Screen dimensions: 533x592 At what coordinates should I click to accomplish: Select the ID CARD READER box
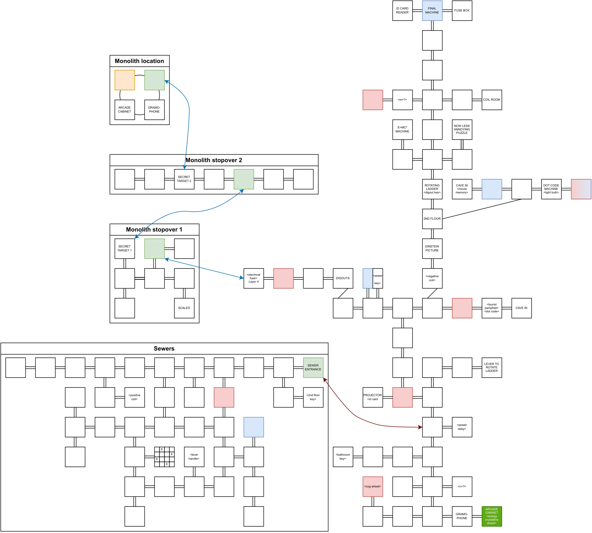click(402, 10)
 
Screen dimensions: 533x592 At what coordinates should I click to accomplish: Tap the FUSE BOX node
click(462, 10)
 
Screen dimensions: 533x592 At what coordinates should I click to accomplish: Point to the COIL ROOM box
click(492, 100)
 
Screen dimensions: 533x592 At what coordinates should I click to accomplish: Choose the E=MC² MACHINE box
click(402, 129)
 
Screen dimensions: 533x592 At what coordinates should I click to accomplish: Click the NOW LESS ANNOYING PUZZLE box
click(462, 129)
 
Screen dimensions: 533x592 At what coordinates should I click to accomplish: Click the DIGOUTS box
click(343, 278)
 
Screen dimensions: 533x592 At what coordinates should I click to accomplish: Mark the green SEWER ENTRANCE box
click(313, 368)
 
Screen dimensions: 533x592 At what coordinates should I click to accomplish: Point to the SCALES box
click(184, 308)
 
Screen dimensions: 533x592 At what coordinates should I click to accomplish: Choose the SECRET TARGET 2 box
click(184, 179)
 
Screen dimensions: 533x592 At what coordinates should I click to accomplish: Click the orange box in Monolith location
click(125, 80)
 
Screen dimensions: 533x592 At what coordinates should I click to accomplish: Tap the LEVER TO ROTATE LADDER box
click(492, 368)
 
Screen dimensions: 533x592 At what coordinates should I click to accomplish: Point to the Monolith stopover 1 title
click(154, 230)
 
